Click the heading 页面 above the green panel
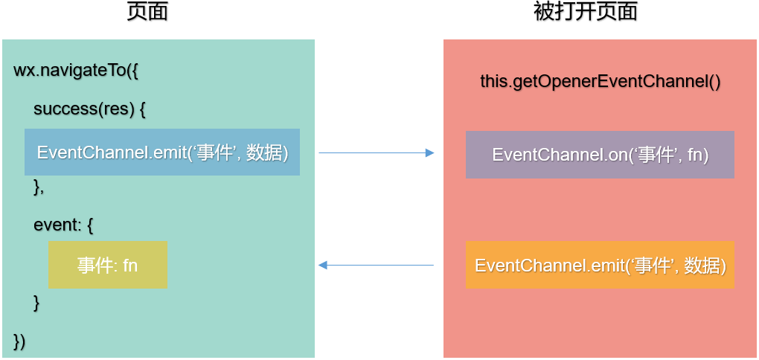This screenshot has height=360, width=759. [147, 12]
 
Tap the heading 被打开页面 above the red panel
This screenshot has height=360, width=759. [586, 12]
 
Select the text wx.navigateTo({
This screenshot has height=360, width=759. [77, 71]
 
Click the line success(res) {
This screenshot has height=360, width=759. [89, 109]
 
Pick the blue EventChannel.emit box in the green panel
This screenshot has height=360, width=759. [162, 152]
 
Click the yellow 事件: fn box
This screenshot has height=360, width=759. [108, 265]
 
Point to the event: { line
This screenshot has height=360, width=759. [63, 225]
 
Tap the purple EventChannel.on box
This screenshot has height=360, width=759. [600, 155]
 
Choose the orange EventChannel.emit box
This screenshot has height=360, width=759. [600, 265]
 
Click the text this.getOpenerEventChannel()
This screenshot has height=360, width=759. [601, 81]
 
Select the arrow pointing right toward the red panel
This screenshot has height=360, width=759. [376, 152]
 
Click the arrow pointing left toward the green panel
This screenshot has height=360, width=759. [376, 265]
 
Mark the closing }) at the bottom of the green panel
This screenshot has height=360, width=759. [19, 341]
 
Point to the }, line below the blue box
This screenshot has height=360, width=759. [39, 187]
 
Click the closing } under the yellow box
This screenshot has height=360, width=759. [36, 303]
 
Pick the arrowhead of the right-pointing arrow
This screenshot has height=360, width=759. [429, 152]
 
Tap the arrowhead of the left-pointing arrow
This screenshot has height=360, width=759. [323, 265]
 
